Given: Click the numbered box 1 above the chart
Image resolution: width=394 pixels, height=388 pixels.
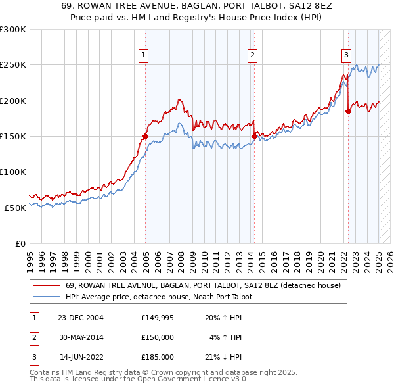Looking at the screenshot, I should tap(143, 56).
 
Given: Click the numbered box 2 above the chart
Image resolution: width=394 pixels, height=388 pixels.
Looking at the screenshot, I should tap(252, 56).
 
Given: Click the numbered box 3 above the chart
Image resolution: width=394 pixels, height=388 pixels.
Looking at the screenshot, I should tap(346, 56).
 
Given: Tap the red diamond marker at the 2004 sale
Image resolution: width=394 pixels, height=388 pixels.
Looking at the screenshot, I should tap(145, 137).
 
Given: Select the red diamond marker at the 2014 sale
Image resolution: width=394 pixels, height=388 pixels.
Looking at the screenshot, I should tap(254, 137).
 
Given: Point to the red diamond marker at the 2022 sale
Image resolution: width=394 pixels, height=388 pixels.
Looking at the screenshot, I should tap(348, 112).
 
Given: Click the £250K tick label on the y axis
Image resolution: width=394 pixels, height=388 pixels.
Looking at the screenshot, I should tap(13, 65).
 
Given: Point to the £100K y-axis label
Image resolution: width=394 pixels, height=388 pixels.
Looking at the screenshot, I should tap(13, 172).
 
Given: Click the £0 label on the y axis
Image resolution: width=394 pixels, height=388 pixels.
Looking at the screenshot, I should tap(20, 243).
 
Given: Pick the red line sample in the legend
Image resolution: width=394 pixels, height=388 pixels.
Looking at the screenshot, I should tap(46, 286).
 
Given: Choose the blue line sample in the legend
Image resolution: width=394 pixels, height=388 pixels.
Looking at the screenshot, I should tap(46, 297).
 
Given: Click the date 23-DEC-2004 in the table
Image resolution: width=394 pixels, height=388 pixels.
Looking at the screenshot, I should tap(81, 318).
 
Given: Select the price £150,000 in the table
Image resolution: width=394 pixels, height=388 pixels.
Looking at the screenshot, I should tap(157, 337).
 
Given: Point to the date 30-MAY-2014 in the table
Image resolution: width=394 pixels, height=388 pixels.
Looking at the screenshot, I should tap(81, 337).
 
